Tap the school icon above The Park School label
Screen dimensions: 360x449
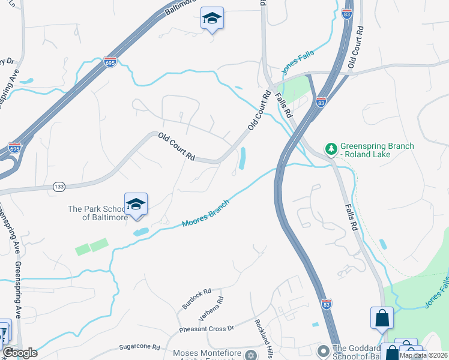click(136, 204)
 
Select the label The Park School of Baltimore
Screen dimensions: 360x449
click(97, 213)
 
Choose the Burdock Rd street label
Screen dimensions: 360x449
click(197, 298)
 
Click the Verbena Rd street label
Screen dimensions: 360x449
click(212, 308)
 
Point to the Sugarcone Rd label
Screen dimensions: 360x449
click(139, 347)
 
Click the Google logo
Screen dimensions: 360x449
click(20, 353)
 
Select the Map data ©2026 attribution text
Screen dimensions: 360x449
click(423, 355)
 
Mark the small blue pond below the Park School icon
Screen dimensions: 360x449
click(140, 232)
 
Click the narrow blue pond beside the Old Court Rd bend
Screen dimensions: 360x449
click(242, 158)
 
